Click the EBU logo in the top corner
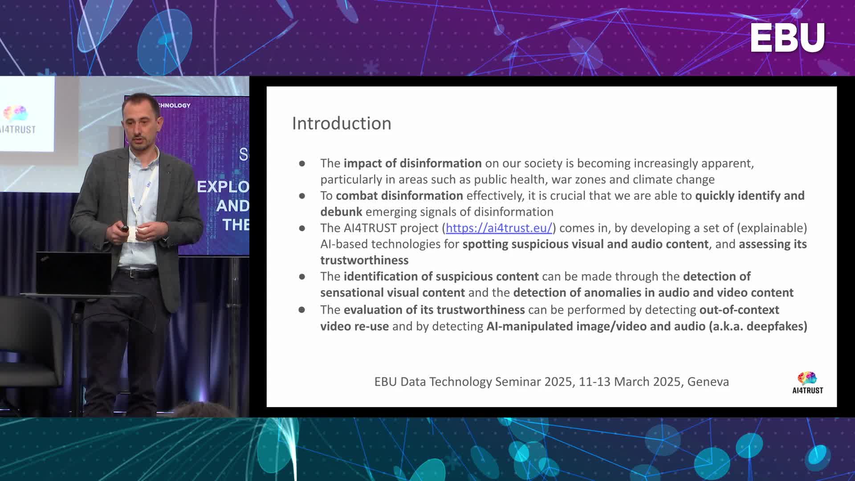tap(787, 38)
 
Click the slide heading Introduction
tap(342, 123)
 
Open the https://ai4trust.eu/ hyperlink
tap(499, 228)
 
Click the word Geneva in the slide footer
tap(708, 382)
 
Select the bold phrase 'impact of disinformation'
tap(412, 163)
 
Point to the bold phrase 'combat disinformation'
tap(399, 196)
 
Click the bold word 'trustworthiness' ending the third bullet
tap(364, 260)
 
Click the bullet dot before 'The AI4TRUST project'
tap(302, 228)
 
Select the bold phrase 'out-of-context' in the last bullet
tap(739, 310)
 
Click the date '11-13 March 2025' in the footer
tap(630, 382)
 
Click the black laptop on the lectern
tap(73, 273)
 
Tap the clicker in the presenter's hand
tap(125, 229)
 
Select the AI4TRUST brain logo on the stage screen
tap(16, 114)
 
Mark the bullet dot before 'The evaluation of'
tap(302, 310)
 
